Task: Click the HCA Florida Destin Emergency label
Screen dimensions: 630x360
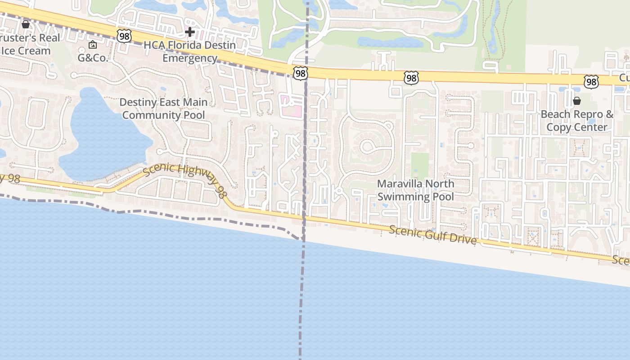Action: (x=189, y=52)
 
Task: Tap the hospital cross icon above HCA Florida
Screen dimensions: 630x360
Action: (x=190, y=32)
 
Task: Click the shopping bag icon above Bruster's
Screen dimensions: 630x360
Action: (x=26, y=24)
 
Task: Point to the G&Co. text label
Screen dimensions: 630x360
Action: (x=93, y=58)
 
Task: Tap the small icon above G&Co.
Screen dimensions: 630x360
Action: (x=93, y=45)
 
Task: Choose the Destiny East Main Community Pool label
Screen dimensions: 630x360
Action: (x=164, y=108)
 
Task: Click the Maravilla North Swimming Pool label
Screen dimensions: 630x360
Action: (x=415, y=190)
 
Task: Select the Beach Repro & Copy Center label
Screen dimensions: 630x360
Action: (x=577, y=121)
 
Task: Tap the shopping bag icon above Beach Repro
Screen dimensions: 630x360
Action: (x=577, y=101)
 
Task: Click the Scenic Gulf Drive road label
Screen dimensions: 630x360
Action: (x=432, y=235)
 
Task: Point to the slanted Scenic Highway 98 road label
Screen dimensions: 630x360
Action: (x=184, y=180)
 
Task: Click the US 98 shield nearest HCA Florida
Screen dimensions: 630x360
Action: (x=124, y=36)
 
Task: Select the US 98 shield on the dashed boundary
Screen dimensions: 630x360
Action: (x=300, y=73)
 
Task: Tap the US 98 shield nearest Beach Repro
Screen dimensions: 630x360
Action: (x=591, y=82)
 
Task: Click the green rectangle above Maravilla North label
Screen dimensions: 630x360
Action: (x=420, y=165)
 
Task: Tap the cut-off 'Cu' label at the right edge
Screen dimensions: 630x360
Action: (x=624, y=78)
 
